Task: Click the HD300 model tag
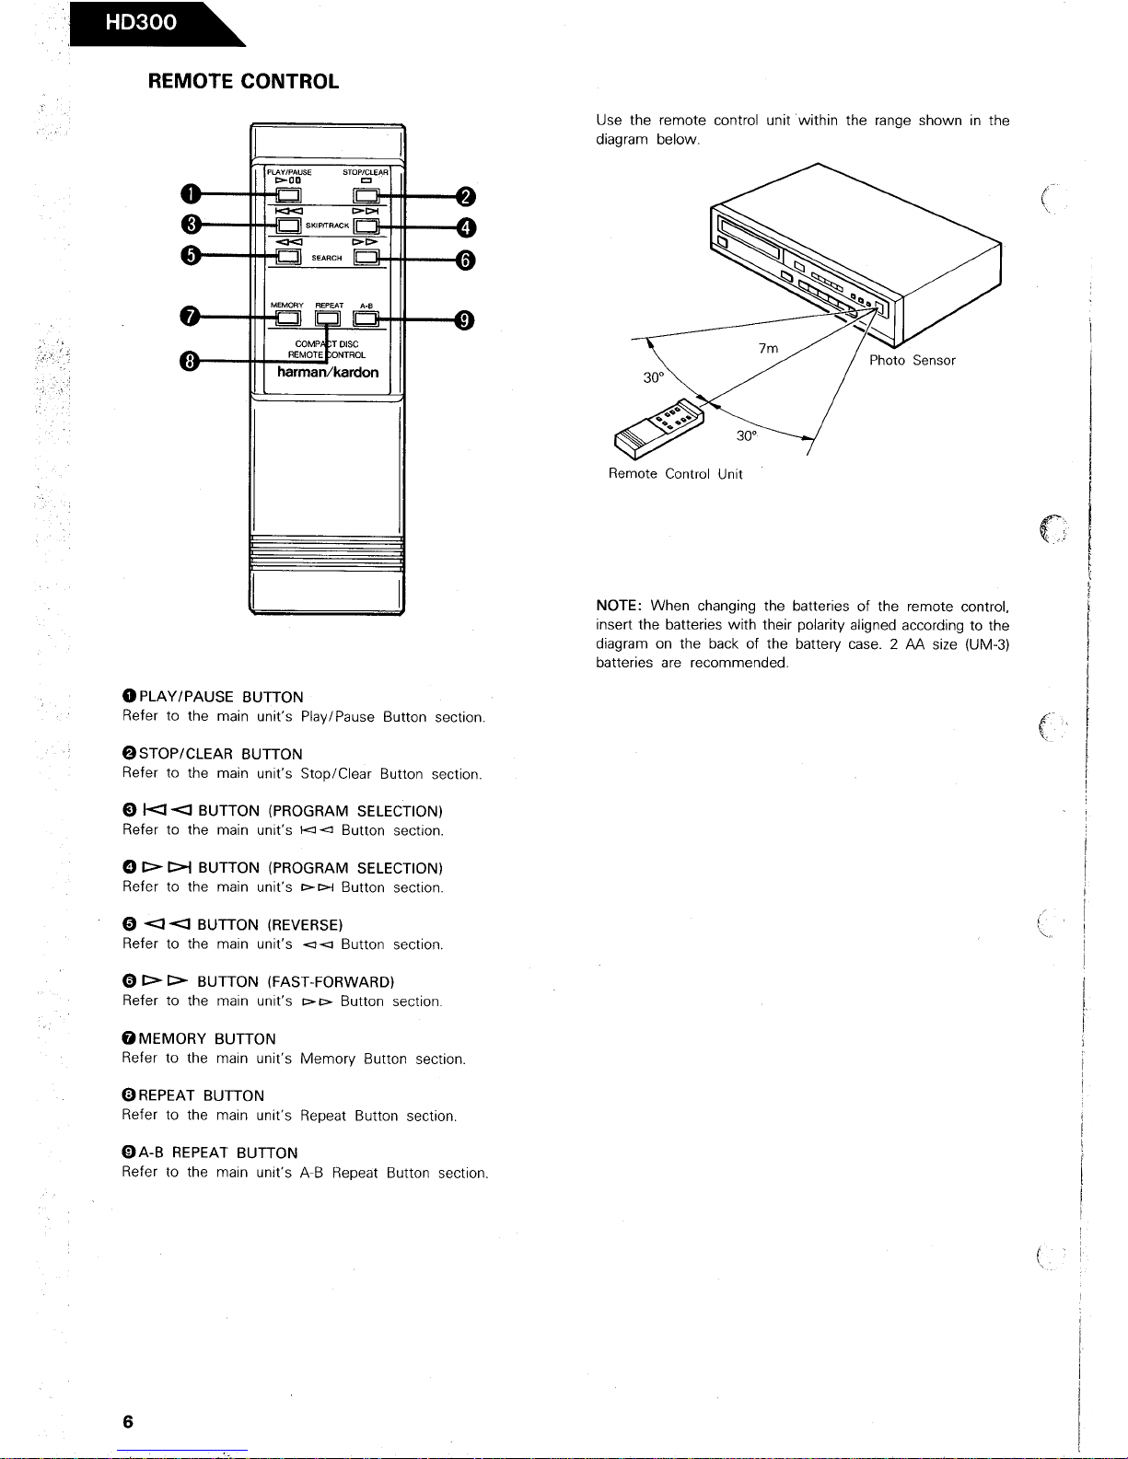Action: coord(141,23)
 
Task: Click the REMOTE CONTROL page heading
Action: coord(243,81)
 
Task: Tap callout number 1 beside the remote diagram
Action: coord(190,195)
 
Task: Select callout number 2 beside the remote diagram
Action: coord(466,196)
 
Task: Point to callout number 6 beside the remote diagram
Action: coord(466,260)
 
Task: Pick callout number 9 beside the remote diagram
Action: coord(466,319)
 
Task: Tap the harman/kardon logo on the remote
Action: coord(328,372)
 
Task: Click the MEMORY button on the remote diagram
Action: coord(286,318)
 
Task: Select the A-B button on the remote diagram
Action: coord(366,318)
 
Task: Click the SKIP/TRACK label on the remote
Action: coord(327,226)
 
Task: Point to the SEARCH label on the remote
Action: coord(327,259)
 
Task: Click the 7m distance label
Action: coord(768,348)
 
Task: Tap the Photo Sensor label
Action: coord(912,361)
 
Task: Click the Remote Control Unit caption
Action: coord(675,474)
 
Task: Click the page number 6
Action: coord(128,1421)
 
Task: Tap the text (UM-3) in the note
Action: coord(987,644)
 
